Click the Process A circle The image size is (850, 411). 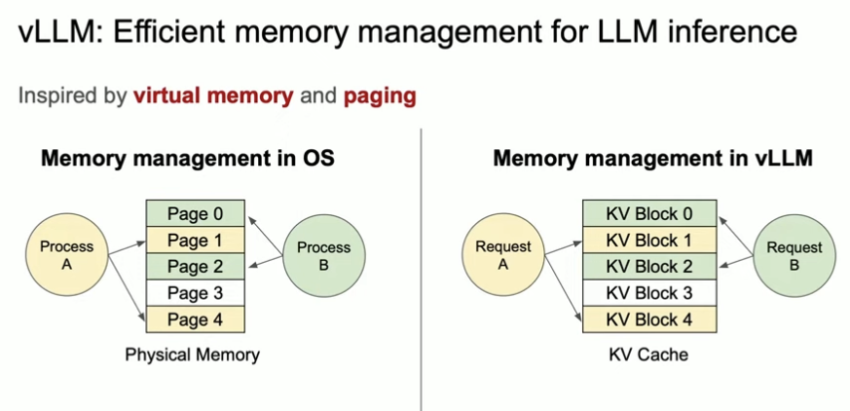point(67,255)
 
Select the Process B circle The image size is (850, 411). point(323,255)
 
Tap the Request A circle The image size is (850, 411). point(503,255)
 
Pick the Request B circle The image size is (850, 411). point(794,255)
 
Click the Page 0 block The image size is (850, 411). point(195,213)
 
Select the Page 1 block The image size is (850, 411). point(195,240)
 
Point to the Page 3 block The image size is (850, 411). point(195,293)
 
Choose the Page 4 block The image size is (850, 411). point(195,319)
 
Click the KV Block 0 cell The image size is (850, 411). point(649,213)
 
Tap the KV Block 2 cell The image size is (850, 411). point(649,266)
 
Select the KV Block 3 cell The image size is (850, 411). point(649,293)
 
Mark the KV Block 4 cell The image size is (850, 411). point(649,319)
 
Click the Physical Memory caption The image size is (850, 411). point(192,355)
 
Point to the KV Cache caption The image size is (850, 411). point(648,355)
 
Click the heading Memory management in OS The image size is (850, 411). point(187,158)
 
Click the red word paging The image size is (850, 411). point(379,96)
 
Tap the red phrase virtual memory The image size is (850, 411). point(213,96)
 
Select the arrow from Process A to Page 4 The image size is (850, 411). point(127,286)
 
